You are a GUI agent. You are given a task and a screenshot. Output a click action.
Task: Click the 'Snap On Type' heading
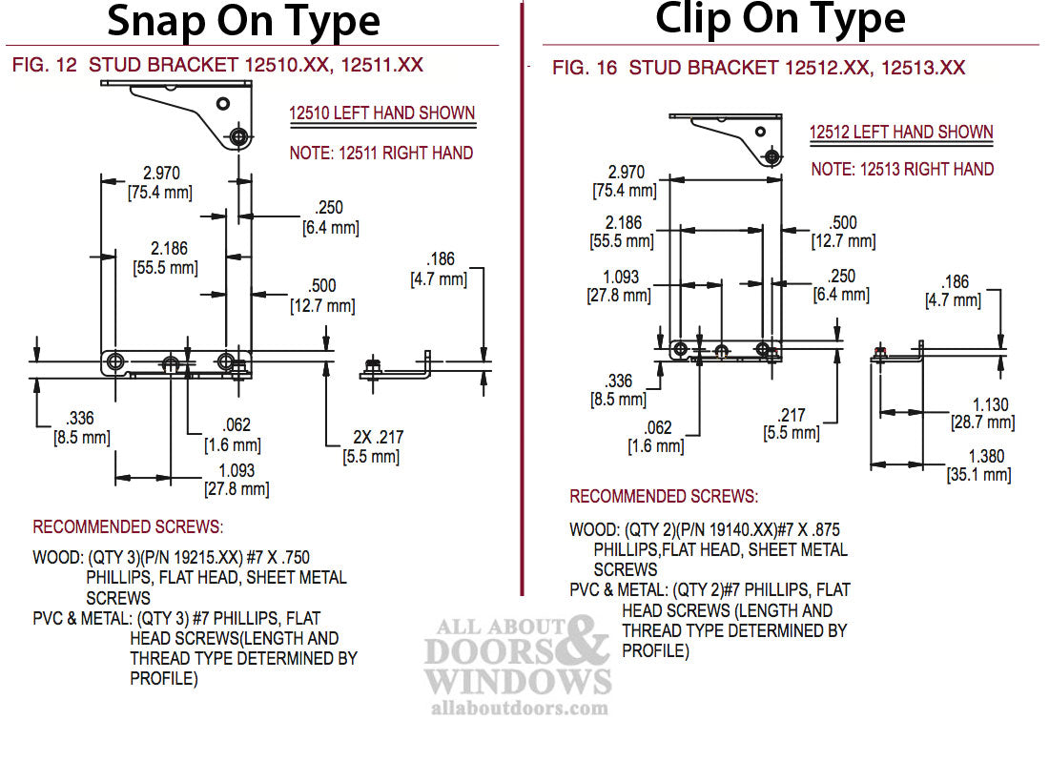tap(243, 21)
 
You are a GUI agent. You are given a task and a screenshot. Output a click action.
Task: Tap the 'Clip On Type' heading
tap(780, 19)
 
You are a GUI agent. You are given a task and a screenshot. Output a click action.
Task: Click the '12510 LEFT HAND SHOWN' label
tap(381, 113)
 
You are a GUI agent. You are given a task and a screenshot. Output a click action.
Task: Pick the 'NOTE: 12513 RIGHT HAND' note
tap(902, 169)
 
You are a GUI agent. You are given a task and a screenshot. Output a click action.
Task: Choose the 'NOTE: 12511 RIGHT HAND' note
tap(381, 153)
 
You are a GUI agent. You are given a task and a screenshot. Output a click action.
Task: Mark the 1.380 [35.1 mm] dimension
tap(978, 465)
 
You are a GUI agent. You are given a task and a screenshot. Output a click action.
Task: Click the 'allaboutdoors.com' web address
tap(519, 708)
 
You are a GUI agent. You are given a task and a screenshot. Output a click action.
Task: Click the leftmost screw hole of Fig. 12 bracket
tap(115, 360)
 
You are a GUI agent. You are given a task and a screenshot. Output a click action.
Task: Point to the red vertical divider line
tap(522, 286)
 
